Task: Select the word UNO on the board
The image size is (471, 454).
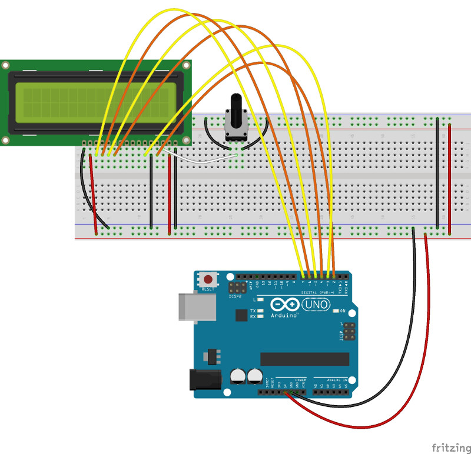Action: pos(317,305)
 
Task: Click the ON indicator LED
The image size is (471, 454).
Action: pos(335,311)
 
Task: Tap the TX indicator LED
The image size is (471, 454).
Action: pos(260,311)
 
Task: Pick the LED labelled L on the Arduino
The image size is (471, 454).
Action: pos(260,300)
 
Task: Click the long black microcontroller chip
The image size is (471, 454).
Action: pos(304,359)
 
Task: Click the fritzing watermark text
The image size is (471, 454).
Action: pos(450,448)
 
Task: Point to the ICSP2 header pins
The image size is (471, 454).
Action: pos(238,288)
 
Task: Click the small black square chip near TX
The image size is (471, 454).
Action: pos(241,315)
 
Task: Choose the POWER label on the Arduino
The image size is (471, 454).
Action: pos(300,380)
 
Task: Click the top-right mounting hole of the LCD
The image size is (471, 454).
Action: pos(186,65)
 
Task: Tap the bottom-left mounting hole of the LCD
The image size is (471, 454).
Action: pos(6,140)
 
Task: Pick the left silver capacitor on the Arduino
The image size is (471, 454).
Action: pos(238,375)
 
